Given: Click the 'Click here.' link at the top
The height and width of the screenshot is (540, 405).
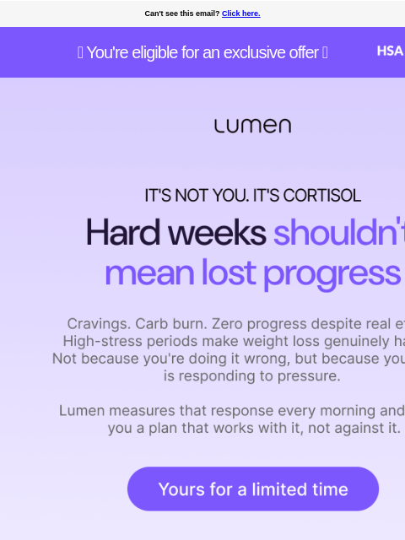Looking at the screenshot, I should pos(240,13).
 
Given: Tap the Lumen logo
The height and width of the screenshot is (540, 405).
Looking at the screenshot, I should pos(252,126).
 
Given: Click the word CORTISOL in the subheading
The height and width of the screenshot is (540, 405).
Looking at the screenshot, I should pos(321,196).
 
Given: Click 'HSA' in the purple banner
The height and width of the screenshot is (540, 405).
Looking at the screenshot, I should pos(389,51).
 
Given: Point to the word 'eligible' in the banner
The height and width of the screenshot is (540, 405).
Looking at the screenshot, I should pos(159,52).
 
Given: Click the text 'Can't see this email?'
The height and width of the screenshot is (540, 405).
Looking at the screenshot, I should pos(181,13).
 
